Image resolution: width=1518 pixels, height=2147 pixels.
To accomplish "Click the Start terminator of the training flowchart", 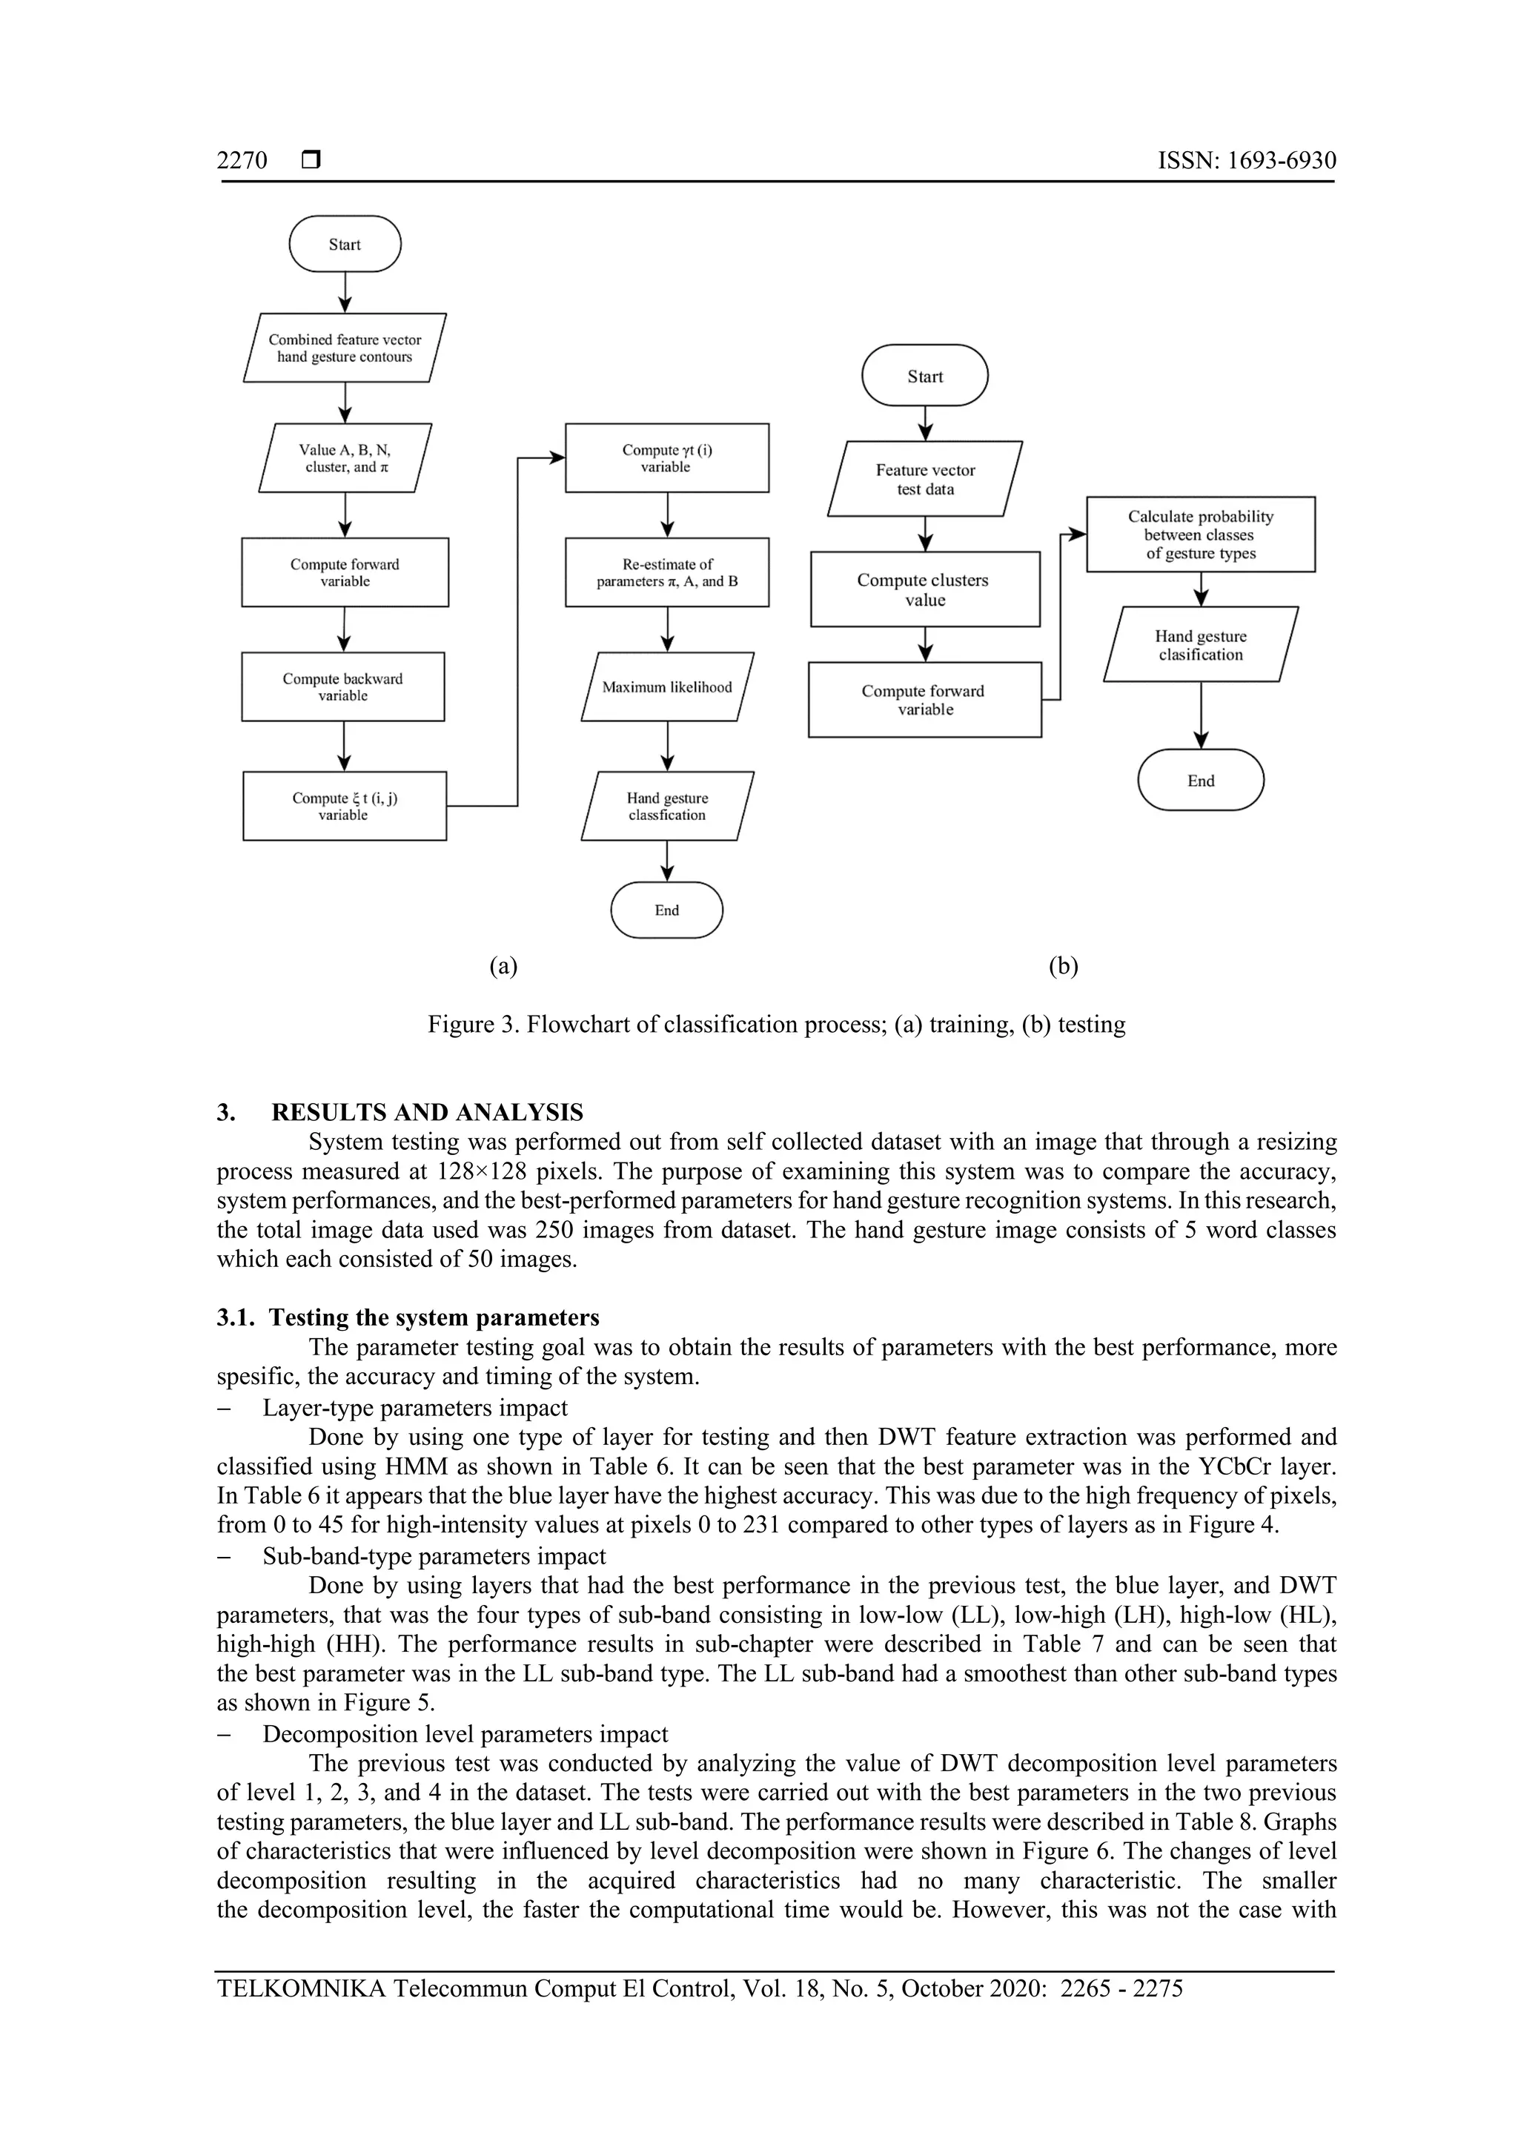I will pos(345,244).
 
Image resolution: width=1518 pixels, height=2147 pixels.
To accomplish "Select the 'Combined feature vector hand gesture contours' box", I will pos(345,348).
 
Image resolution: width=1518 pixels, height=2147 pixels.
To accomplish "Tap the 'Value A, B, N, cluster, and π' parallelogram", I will pos(345,458).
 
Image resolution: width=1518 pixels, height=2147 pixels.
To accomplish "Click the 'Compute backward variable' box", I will pos(343,687).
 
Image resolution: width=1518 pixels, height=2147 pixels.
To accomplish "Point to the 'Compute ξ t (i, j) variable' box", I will pos(344,806).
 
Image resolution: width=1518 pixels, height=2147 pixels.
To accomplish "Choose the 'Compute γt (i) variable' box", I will pos(666,458).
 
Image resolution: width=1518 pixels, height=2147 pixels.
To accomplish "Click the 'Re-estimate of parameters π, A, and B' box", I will pos(666,572).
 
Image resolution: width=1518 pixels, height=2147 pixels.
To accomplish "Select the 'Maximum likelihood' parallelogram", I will pos(666,687).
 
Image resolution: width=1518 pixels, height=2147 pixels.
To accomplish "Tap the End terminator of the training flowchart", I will pos(666,910).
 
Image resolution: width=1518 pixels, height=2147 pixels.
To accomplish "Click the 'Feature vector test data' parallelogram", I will pos(925,479).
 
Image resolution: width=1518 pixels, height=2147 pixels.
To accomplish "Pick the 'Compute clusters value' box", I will pos(924,589).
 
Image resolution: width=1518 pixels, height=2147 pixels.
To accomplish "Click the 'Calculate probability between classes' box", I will pos(1200,535).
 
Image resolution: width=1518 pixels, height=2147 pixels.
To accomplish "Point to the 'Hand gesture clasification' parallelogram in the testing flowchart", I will pos(1200,645).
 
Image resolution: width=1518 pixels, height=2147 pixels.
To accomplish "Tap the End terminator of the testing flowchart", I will pos(1200,780).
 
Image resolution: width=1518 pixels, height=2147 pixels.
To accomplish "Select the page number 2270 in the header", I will pos(242,161).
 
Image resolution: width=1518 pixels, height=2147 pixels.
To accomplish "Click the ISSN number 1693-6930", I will pos(1281,161).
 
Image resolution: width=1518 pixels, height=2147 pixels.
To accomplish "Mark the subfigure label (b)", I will pos(1064,966).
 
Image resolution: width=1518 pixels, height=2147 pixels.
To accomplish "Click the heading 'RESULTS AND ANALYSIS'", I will pos(427,1112).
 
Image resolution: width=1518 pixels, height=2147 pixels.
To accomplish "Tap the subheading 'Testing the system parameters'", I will pos(434,1317).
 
